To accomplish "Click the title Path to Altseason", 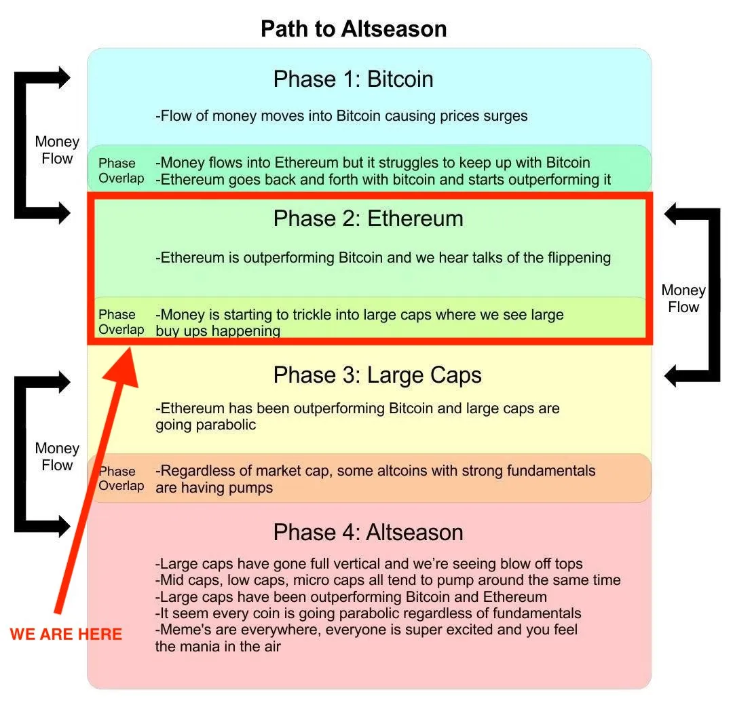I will (354, 29).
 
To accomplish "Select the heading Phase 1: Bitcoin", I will (353, 79).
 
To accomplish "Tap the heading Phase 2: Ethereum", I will (368, 218).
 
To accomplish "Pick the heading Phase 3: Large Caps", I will (377, 375).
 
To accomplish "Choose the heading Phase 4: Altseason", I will (368, 532).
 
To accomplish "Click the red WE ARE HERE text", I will (66, 634).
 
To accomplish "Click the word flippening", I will (576, 258).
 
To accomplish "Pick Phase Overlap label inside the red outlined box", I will (121, 322).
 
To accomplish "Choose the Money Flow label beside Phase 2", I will (683, 299).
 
